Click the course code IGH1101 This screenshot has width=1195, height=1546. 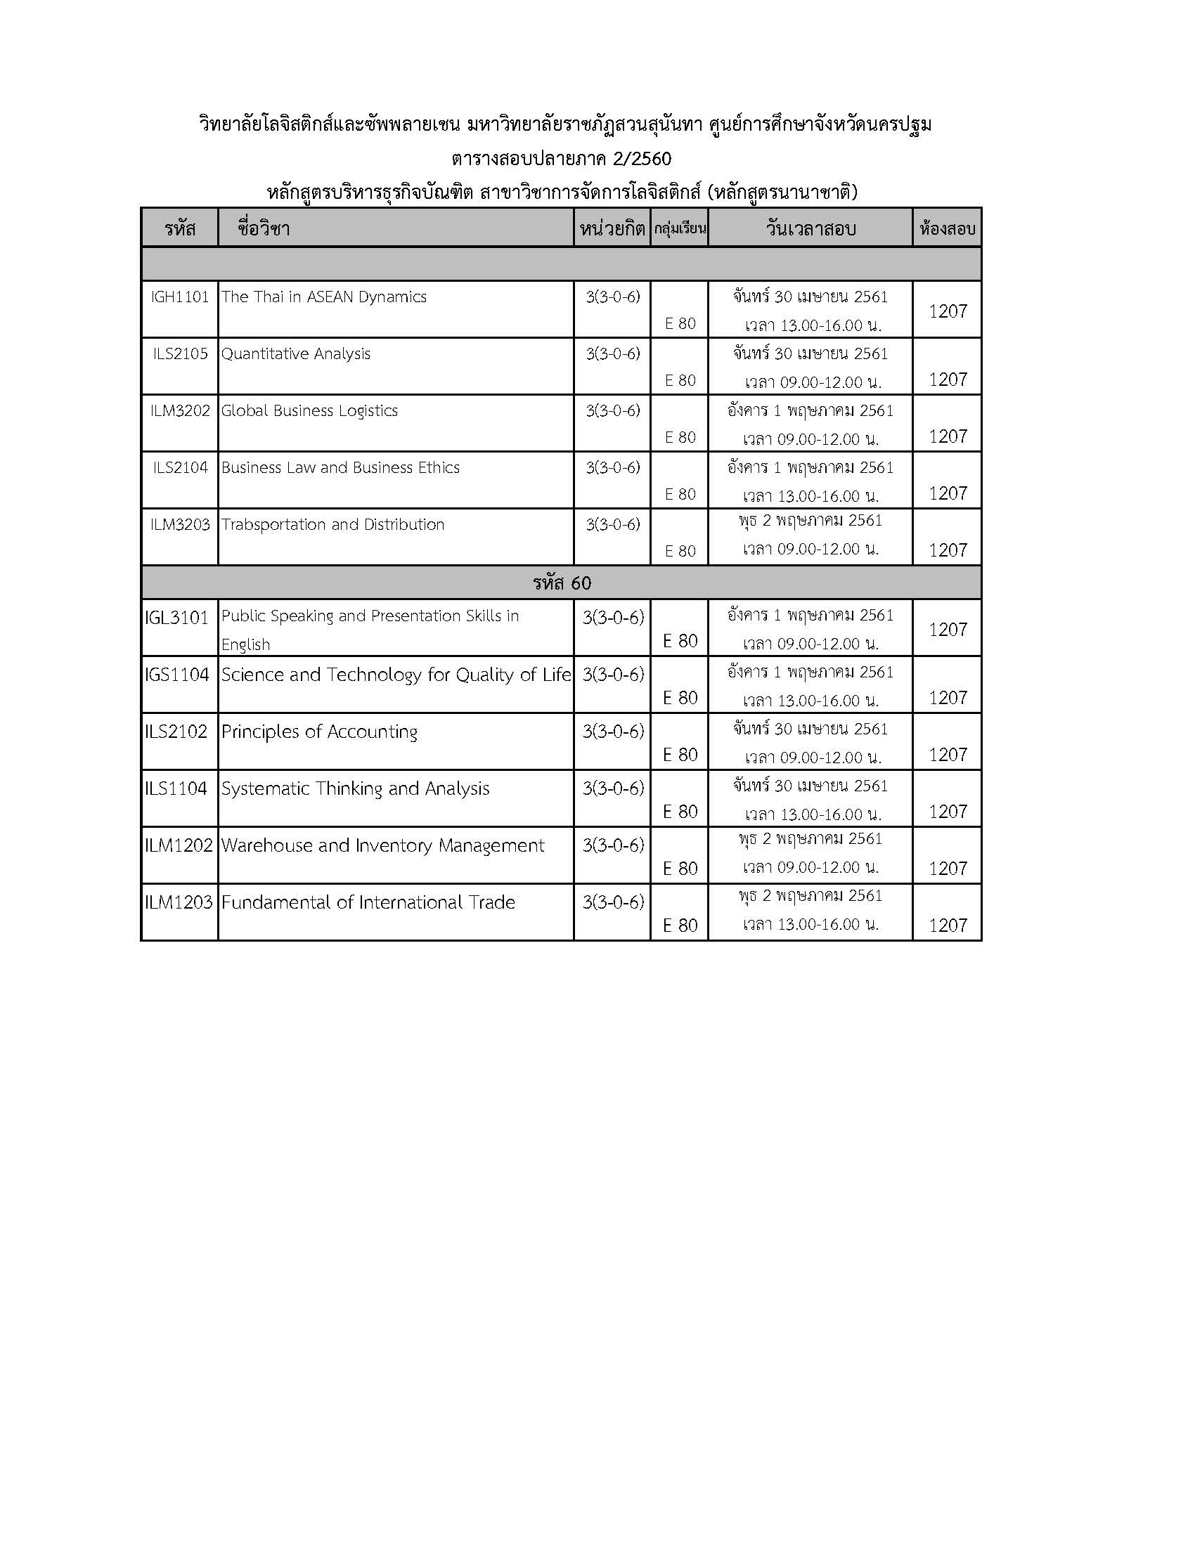coord(180,297)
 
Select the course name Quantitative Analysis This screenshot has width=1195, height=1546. coord(295,353)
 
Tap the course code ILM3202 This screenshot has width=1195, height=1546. coord(180,410)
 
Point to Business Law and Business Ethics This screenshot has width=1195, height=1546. coord(340,467)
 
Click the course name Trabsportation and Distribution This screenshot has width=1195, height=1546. coord(332,524)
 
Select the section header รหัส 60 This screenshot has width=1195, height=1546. coord(562,583)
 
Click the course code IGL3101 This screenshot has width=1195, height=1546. coord(177,618)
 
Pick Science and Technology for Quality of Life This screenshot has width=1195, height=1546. coord(396,675)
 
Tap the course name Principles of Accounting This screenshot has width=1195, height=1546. coord(319,732)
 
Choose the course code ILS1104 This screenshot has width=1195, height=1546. coord(176,788)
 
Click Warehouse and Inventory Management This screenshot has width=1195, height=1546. coord(382,845)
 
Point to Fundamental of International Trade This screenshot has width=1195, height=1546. coord(368,902)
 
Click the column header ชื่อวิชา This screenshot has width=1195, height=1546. coord(264,228)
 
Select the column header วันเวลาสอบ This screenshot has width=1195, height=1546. coord(810,228)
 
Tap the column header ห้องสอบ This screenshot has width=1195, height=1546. coord(947,228)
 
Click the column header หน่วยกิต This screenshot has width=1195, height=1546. coord(612,228)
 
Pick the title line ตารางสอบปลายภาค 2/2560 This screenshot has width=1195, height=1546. coord(562,158)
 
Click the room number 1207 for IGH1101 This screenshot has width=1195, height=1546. coord(948,311)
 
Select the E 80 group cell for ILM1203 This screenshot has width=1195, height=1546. coord(680,925)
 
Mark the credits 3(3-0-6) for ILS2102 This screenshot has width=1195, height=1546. coord(613,732)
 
